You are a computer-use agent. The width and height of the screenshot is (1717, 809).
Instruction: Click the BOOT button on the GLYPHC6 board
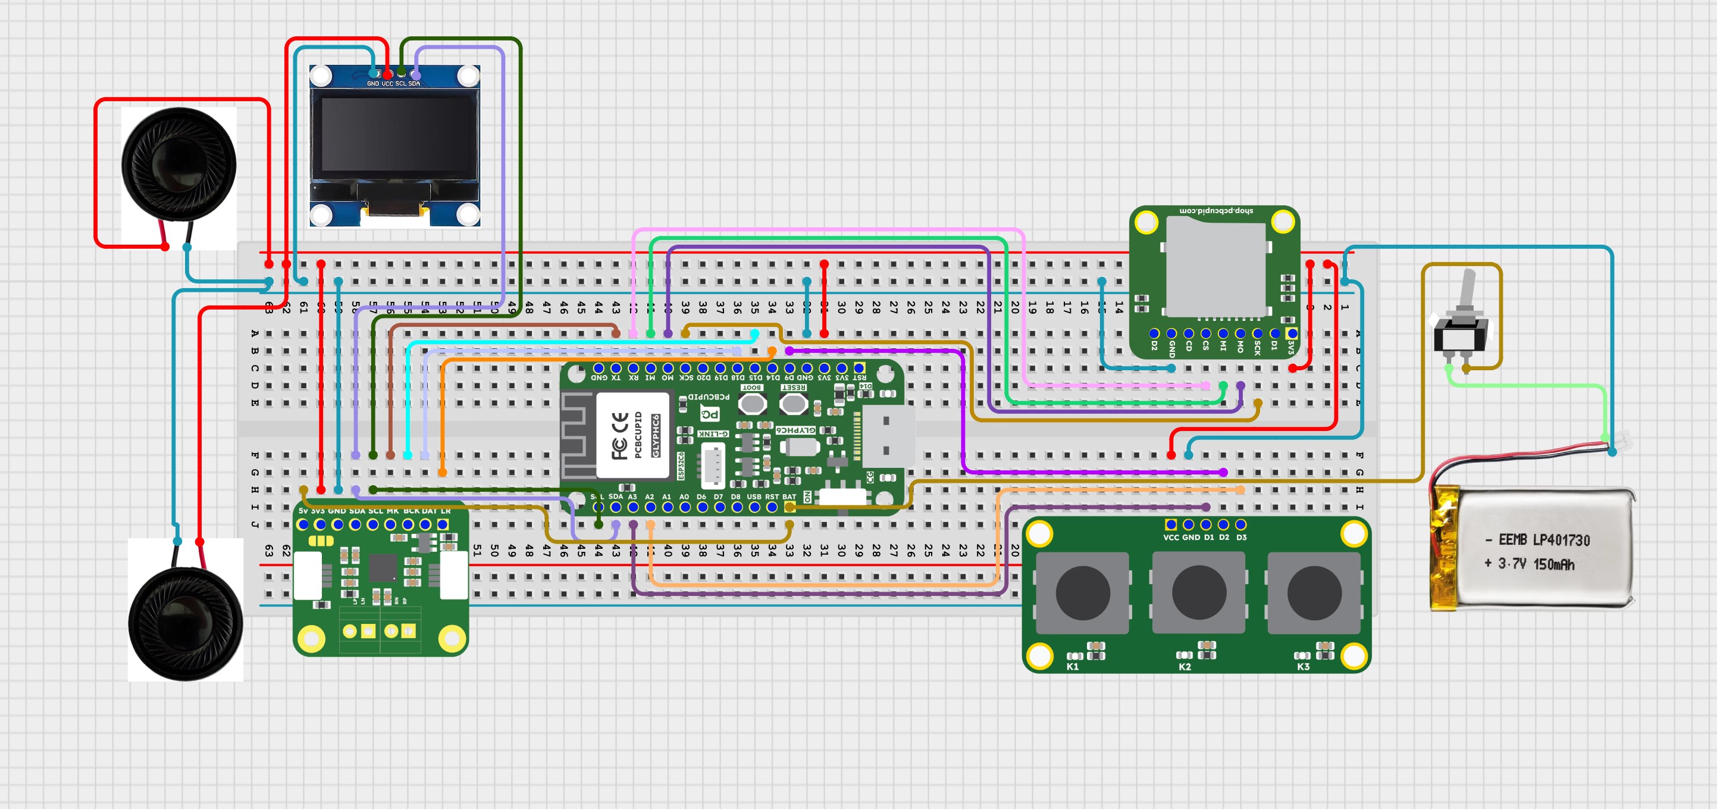tap(753, 403)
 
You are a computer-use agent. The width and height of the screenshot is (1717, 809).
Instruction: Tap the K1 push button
tap(1082, 593)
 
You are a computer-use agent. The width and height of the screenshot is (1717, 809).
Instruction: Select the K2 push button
tap(1198, 593)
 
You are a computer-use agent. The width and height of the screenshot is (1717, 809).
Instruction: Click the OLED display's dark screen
tap(394, 136)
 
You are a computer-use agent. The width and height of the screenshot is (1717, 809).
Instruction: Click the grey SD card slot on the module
tap(1214, 267)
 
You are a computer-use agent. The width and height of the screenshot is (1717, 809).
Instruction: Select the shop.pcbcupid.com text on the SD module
tap(1216, 211)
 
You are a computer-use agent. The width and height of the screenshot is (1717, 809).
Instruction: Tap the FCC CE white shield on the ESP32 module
tap(632, 435)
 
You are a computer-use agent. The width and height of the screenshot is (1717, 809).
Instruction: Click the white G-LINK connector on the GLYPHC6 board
tap(713, 465)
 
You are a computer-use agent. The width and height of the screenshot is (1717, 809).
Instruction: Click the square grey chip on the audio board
tap(383, 567)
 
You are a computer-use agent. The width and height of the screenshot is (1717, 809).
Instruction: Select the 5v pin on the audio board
tap(303, 525)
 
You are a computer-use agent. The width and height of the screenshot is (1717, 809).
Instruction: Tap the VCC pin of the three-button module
tap(1171, 525)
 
